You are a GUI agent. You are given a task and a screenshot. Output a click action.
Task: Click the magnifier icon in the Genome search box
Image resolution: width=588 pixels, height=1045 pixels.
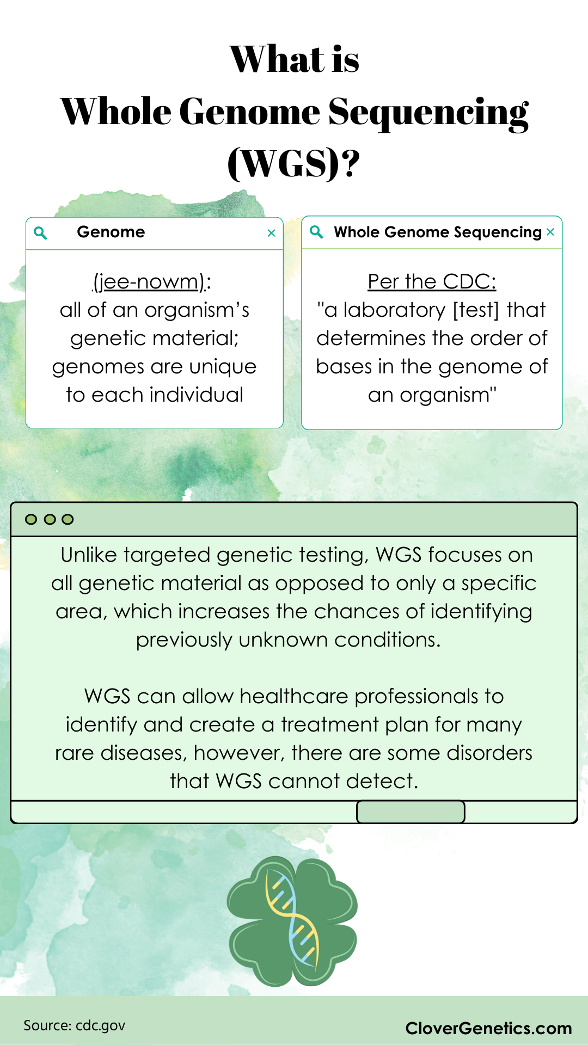[40, 233]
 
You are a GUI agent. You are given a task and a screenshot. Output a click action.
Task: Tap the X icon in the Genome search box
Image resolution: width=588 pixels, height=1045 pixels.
[271, 233]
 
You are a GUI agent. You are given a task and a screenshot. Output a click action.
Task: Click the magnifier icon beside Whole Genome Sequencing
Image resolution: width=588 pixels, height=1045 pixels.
[316, 232]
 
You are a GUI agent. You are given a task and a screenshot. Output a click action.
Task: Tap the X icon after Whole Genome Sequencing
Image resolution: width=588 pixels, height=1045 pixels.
[550, 232]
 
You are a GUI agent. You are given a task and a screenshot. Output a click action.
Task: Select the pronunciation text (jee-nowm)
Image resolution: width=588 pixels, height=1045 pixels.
[150, 282]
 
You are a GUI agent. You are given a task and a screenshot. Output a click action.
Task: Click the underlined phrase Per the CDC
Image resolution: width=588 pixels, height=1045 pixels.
[432, 282]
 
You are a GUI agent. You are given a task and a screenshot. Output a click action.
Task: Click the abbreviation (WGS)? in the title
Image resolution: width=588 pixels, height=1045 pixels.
[293, 163]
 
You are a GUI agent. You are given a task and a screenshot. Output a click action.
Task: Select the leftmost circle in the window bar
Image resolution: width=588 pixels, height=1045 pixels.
[32, 519]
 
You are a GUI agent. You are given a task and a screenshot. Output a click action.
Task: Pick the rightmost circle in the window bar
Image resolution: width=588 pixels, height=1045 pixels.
[68, 519]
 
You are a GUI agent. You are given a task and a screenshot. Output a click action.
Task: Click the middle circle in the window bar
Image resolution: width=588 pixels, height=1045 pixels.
[50, 519]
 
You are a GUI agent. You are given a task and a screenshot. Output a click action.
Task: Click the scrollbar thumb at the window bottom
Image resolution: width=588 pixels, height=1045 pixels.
[411, 812]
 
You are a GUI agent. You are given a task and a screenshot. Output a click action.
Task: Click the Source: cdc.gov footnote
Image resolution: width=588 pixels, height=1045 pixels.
[75, 1025]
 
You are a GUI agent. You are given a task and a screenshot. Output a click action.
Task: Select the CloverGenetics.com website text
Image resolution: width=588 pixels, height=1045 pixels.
[488, 1028]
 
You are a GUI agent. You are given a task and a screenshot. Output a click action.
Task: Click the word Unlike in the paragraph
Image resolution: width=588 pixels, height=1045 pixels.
[89, 555]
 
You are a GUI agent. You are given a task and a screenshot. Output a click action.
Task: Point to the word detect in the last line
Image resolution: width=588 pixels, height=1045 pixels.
[382, 782]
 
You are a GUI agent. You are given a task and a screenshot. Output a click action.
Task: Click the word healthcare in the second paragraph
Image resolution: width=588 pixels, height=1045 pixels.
[293, 697]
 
